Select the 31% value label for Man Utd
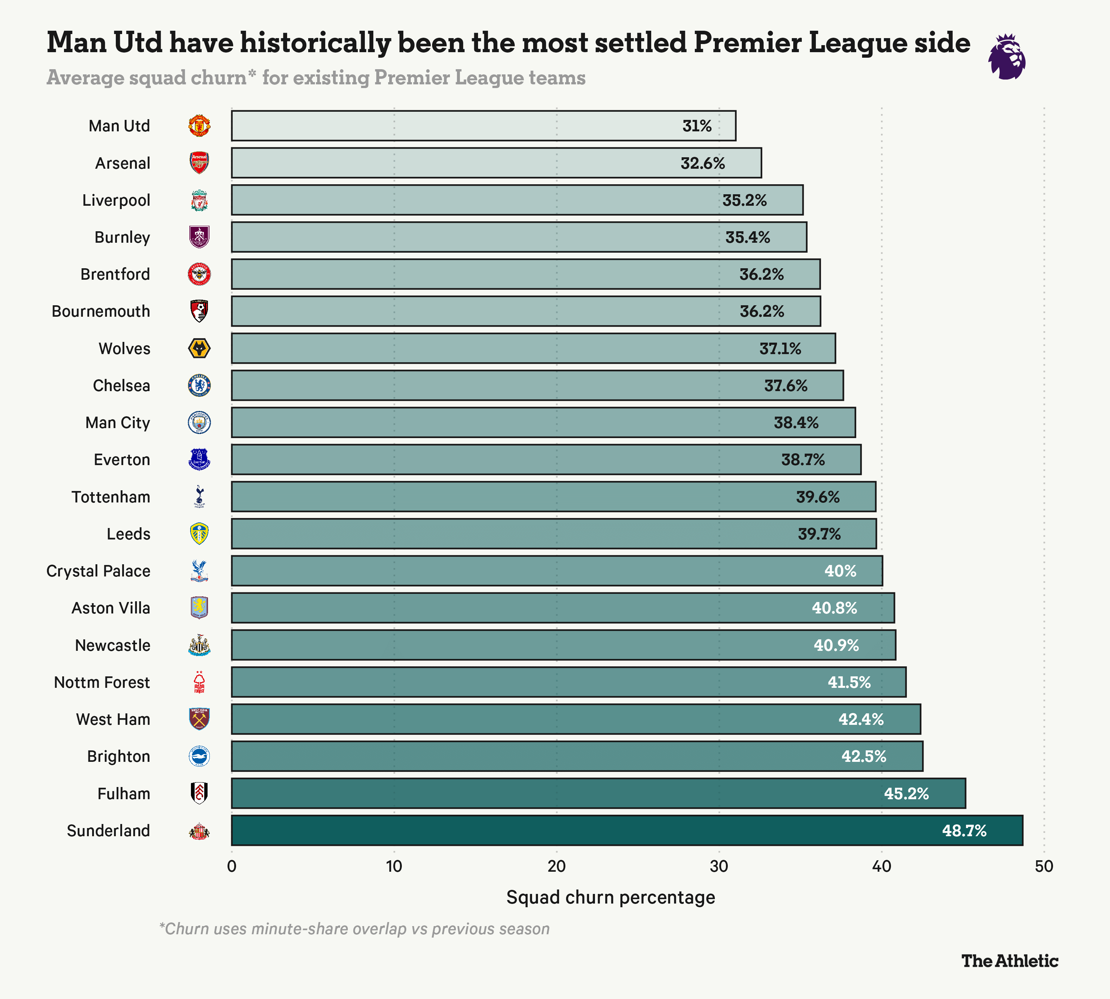697,126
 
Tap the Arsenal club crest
199,163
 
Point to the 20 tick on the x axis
556,867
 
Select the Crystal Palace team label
98,571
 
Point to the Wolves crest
199,349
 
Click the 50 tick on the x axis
1043,867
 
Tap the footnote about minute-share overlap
354,929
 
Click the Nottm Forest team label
102,682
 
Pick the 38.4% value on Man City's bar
796,423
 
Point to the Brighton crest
199,756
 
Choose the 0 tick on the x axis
232,867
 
